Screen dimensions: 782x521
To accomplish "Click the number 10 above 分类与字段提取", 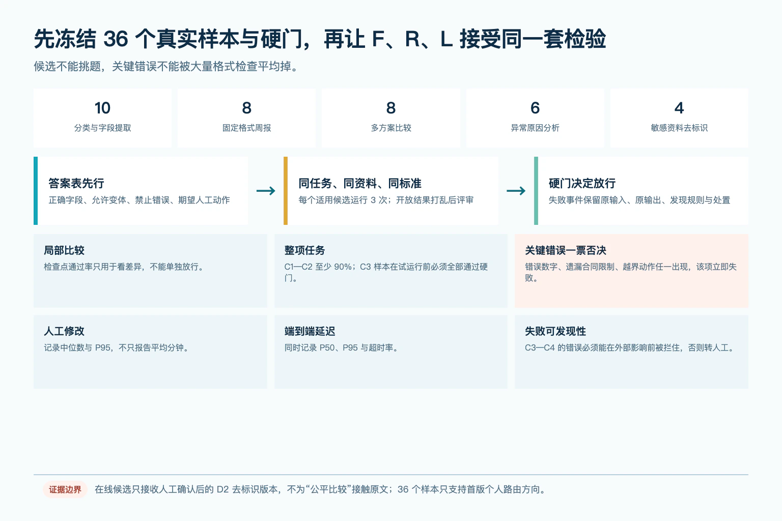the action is pyautogui.click(x=102, y=108).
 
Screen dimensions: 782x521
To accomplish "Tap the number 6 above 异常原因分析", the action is pyautogui.click(x=535, y=108).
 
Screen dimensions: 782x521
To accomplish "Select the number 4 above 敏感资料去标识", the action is pyautogui.click(x=679, y=108).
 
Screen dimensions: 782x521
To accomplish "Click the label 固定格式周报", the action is pyautogui.click(x=247, y=128).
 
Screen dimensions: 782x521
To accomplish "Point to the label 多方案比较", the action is pyautogui.click(x=391, y=128).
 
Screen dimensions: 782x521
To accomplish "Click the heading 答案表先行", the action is pyautogui.click(x=76, y=183).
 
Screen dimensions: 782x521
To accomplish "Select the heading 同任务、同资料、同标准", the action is pyautogui.click(x=360, y=183).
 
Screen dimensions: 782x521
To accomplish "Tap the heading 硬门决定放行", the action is pyautogui.click(x=582, y=183).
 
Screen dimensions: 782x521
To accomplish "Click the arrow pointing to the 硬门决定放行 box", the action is pyautogui.click(x=516, y=190).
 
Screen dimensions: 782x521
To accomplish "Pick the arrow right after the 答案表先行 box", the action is pyautogui.click(x=266, y=190).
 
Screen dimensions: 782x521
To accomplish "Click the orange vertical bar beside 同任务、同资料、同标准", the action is pyautogui.click(x=286, y=190).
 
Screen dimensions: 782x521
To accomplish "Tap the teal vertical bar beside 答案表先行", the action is pyautogui.click(x=36, y=190).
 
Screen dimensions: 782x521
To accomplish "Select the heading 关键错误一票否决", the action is pyautogui.click(x=566, y=250).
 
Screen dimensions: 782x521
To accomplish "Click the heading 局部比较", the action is pyautogui.click(x=64, y=250).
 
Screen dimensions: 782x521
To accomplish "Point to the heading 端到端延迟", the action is pyautogui.click(x=310, y=331).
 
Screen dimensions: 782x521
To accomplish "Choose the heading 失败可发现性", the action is pyautogui.click(x=555, y=331).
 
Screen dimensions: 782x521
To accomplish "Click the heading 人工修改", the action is pyautogui.click(x=64, y=331).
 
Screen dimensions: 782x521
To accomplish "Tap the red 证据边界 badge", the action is pyautogui.click(x=65, y=489).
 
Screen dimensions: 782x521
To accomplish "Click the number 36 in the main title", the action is pyautogui.click(x=116, y=39).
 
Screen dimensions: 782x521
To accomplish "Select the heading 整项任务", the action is pyautogui.click(x=304, y=250).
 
